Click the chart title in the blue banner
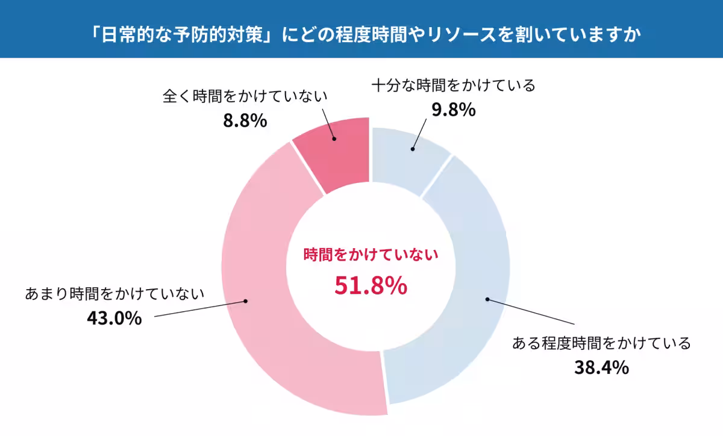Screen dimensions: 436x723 pos(361,33)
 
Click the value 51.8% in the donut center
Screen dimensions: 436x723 pos(371,286)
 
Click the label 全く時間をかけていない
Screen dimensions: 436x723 pos(245,96)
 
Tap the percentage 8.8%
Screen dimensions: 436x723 pos(245,120)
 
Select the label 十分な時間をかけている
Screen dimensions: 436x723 pos(453,86)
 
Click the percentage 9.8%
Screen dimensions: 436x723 pos(454,110)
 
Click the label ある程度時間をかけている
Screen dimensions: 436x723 pos(601,343)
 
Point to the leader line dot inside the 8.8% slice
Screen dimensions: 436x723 pos(335,139)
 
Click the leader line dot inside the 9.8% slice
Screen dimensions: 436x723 pos(413,148)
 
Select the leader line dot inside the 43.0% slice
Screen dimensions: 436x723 pos(245,302)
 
